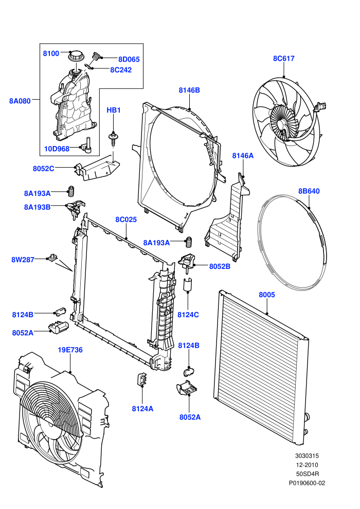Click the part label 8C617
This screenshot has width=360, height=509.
(x=284, y=59)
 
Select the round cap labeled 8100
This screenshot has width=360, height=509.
(x=76, y=56)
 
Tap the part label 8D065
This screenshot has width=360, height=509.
(x=129, y=60)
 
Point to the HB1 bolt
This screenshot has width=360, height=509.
(x=113, y=138)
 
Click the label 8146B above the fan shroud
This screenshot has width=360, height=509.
(x=189, y=90)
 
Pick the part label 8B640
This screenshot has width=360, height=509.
(x=309, y=191)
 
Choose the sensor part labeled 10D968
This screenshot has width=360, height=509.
(x=87, y=145)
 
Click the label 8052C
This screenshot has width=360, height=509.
(x=44, y=169)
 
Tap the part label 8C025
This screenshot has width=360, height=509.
(x=126, y=220)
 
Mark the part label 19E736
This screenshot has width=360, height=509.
(x=70, y=350)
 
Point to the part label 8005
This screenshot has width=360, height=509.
(x=267, y=295)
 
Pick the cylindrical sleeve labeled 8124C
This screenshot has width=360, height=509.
(x=188, y=284)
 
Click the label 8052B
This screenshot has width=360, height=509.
(x=220, y=266)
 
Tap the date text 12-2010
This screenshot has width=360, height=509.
(x=307, y=465)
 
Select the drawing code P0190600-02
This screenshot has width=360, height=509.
(x=307, y=483)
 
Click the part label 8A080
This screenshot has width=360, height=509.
(x=20, y=101)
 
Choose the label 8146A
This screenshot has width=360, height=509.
(x=243, y=156)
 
